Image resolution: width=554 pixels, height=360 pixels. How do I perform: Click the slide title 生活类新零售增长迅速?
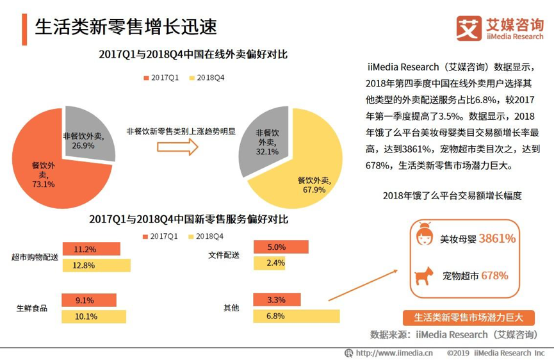tap(126, 26)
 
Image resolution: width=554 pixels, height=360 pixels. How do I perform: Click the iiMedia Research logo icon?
tap(468, 28)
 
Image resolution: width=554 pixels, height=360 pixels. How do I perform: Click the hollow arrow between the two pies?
tap(177, 147)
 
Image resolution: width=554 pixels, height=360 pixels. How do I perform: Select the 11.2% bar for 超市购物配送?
tap(91, 249)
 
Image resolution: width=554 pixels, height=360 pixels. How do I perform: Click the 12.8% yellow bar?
tap(96, 265)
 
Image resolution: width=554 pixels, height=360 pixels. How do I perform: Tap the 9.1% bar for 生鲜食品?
tap(89, 300)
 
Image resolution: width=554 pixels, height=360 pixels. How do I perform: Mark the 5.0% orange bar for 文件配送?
tap(281, 247)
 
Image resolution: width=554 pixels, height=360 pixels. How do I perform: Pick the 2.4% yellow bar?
tap(269, 263)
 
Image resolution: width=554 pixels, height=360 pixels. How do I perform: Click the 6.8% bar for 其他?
tap(296, 316)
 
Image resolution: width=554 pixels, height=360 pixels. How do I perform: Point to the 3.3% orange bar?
tap(272, 300)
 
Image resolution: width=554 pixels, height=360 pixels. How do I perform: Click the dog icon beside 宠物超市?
tap(423, 276)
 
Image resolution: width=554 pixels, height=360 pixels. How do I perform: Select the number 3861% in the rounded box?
tap(497, 239)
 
